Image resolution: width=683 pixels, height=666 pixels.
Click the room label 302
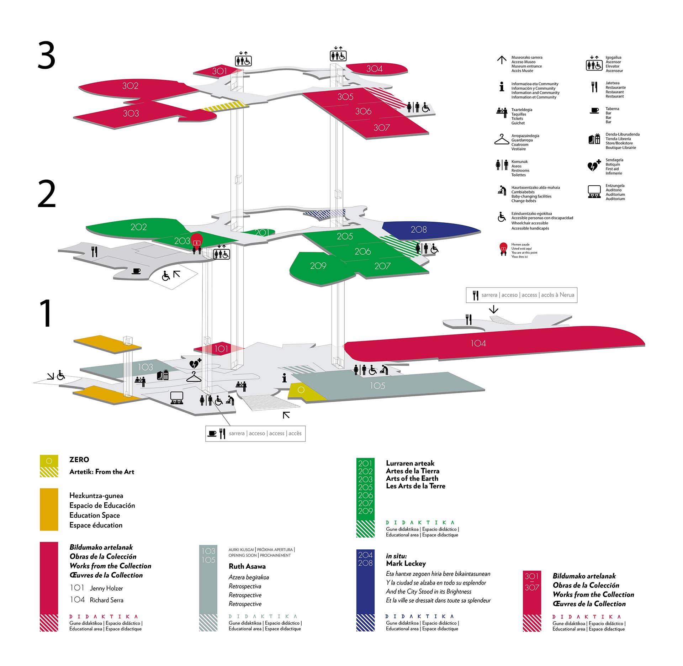coord(130,86)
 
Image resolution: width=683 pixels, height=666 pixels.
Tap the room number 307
coord(382,127)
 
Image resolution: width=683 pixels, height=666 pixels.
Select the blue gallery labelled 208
coord(419,229)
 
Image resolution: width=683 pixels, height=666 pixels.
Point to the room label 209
coord(318,266)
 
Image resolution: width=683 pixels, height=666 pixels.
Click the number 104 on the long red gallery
coord(478,343)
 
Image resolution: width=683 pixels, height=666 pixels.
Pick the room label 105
coord(377,386)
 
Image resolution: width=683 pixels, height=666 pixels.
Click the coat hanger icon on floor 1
coord(194,377)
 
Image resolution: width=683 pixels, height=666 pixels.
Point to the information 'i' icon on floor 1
coord(284,378)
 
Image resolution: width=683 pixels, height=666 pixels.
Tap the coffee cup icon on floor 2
coord(136,271)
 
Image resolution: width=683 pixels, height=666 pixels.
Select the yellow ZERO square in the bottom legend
coord(49,461)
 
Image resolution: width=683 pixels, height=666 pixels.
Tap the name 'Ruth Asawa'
coord(247,566)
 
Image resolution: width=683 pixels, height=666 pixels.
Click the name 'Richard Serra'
coord(106,600)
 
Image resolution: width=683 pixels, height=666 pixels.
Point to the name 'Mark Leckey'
coord(406,564)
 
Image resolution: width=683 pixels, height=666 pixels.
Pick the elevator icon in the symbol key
coord(594,64)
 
